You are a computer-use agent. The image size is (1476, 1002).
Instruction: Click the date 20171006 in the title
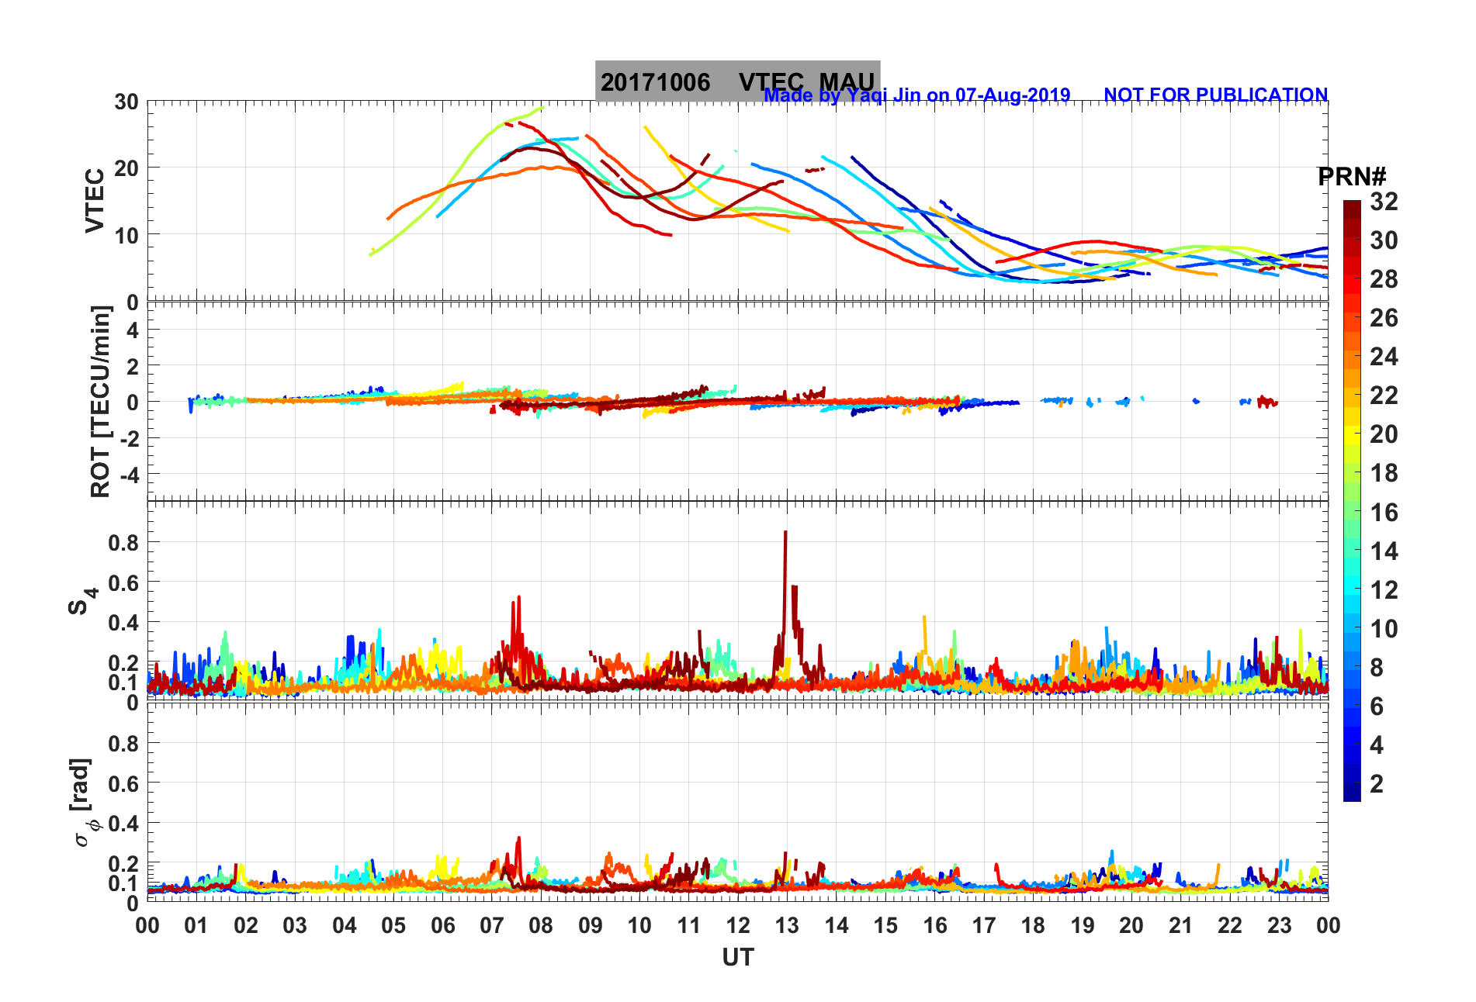[655, 82]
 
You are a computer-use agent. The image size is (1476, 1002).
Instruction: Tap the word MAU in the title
[847, 82]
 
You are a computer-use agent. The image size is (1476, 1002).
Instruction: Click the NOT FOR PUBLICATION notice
[1215, 95]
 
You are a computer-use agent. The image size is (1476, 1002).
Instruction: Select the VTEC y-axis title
[95, 200]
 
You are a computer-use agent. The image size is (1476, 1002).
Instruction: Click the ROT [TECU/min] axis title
[101, 401]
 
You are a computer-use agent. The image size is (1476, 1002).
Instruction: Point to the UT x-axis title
[737, 958]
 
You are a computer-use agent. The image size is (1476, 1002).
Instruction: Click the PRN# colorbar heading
[1352, 177]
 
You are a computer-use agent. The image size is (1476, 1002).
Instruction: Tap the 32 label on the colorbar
[1384, 202]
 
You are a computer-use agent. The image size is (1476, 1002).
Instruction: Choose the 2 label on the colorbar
[1377, 783]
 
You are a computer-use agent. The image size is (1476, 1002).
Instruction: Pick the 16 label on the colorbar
[1384, 512]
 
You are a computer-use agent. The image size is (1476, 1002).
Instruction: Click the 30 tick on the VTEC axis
[126, 102]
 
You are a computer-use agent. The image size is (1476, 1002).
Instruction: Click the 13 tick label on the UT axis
[787, 925]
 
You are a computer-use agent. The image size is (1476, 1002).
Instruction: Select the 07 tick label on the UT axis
[492, 925]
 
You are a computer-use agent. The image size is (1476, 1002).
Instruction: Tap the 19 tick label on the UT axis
[1082, 925]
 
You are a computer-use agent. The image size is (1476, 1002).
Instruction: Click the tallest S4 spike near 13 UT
[785, 533]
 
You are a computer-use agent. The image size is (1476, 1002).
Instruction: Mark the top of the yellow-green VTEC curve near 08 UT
[542, 108]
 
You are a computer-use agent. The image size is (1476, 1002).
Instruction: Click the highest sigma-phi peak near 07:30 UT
[518, 838]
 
